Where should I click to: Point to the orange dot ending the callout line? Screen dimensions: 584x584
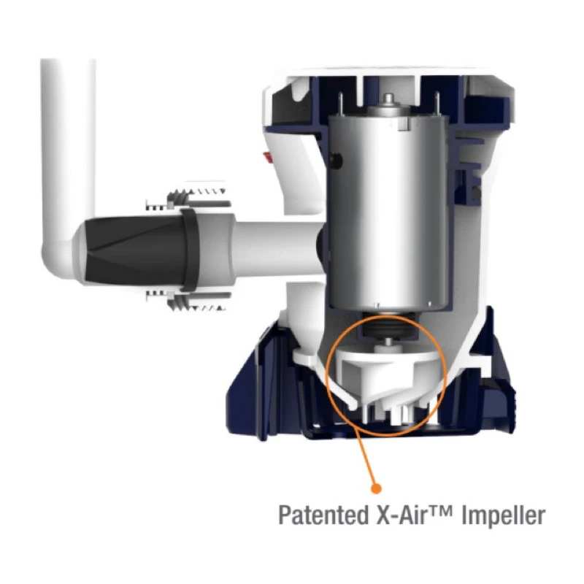(x=377, y=488)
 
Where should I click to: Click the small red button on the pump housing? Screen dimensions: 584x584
(x=266, y=158)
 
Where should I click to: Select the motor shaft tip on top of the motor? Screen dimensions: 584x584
(x=388, y=99)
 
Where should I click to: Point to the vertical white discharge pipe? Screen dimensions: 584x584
(x=67, y=149)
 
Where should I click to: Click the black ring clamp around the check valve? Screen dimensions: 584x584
(x=190, y=250)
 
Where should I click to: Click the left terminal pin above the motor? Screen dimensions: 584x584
(x=340, y=104)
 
